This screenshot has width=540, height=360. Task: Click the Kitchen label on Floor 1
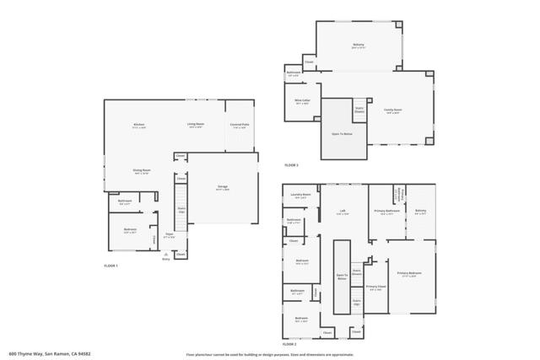138,125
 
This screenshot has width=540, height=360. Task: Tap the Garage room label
223,188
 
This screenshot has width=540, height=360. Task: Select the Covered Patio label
240,125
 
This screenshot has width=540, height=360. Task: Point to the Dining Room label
141,170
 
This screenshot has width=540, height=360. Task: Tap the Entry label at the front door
165,259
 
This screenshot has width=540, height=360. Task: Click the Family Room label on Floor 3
393,110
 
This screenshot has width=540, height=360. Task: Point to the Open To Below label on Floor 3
342,133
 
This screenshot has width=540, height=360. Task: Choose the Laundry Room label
301,195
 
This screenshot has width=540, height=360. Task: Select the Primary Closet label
375,287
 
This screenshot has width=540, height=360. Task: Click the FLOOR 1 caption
111,266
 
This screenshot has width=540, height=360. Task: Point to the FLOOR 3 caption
291,164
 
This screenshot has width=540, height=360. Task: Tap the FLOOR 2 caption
289,344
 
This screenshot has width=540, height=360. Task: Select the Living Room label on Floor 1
197,125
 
